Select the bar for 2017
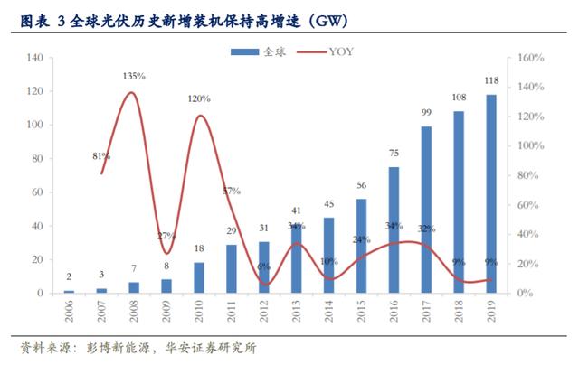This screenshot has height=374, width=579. [x=426, y=210]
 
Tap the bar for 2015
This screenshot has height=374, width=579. [x=362, y=246]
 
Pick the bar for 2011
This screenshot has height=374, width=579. [x=232, y=268]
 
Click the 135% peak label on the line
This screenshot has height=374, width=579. [x=134, y=76]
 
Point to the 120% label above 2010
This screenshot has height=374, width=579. [x=199, y=98]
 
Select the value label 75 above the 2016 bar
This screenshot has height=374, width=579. [x=394, y=154]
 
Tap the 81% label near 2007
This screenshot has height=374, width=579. [x=101, y=156]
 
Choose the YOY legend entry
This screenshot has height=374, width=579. [x=337, y=52]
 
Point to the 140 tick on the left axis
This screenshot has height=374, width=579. [x=35, y=59]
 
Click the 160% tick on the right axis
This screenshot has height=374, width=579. [x=530, y=59]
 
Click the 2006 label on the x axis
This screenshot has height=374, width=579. [x=70, y=314]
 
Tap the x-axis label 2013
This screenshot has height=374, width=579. [x=297, y=314]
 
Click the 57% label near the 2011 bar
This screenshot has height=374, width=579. [x=232, y=191]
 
